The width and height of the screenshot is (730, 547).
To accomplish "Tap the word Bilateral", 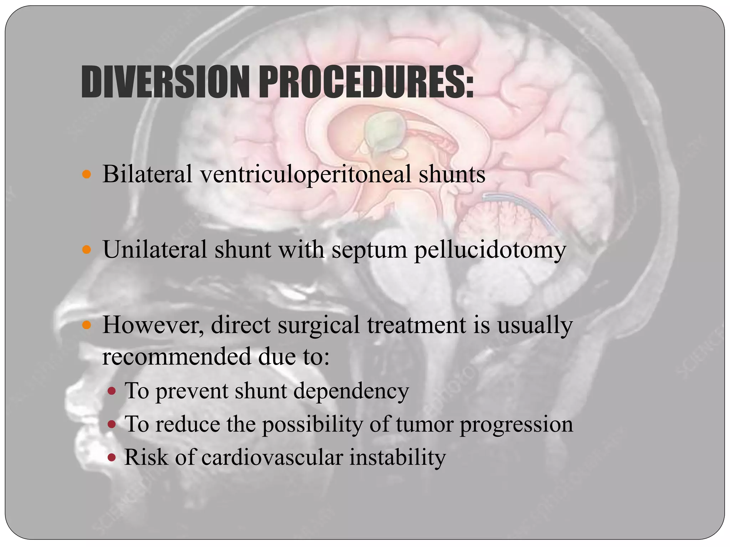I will point(147,174).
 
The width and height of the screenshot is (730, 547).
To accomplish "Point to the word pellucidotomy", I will point(490,250).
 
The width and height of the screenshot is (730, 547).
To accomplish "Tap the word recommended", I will point(176,356).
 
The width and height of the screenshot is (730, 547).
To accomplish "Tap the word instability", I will point(397,457).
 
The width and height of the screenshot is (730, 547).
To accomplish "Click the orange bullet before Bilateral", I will point(87,175).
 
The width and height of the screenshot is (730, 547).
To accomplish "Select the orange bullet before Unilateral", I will point(87,250).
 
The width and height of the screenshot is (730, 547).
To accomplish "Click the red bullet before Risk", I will point(112,457).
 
